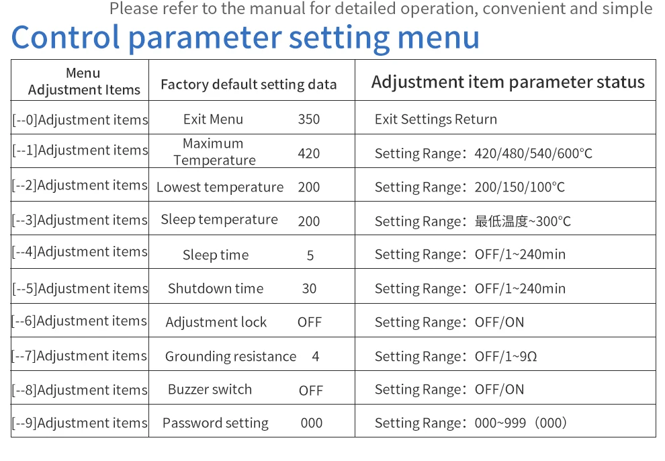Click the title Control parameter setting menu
click(245, 38)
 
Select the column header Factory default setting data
click(249, 85)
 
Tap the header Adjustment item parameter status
click(508, 82)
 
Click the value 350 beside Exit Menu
click(309, 120)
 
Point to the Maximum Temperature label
click(214, 152)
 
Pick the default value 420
click(309, 153)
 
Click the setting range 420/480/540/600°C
click(533, 153)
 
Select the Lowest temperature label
click(220, 187)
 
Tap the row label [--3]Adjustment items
click(80, 220)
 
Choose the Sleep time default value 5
click(310, 255)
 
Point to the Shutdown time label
click(216, 288)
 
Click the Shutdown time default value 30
click(309, 288)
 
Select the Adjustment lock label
click(216, 322)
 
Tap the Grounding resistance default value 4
click(316, 356)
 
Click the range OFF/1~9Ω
click(506, 356)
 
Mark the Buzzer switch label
click(210, 389)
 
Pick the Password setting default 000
click(312, 423)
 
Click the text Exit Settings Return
click(436, 120)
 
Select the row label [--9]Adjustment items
click(80, 423)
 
